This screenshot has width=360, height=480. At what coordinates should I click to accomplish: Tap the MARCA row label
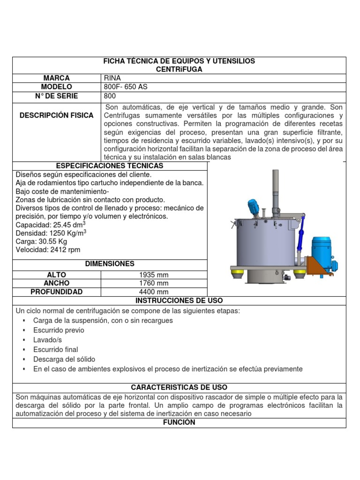point(56,78)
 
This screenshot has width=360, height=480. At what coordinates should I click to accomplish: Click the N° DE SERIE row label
point(56,96)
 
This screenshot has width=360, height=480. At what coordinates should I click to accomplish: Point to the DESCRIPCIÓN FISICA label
point(56,115)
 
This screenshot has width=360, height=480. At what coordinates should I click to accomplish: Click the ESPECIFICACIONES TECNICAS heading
point(110,166)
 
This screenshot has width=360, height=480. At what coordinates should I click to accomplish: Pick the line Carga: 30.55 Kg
point(41,241)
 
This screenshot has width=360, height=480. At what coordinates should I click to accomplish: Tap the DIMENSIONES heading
point(110,264)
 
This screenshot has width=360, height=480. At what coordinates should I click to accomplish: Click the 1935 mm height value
point(154,275)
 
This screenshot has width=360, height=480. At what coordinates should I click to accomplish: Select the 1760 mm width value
point(154,284)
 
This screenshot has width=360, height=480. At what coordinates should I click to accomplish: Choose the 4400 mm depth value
point(154,292)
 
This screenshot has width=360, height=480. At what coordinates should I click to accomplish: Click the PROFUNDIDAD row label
point(56,292)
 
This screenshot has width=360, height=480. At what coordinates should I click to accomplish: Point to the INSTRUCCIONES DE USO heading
point(179,300)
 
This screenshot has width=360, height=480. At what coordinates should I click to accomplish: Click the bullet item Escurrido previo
point(59,330)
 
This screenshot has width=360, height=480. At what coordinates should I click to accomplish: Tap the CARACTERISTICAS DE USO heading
point(179,388)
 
